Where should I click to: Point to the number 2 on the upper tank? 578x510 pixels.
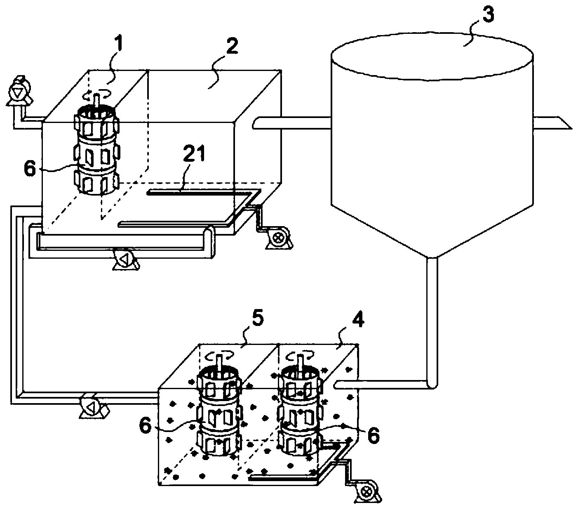tap(232, 48)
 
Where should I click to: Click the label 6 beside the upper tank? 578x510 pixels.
tap(31, 169)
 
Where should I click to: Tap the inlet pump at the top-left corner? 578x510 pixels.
tap(17, 88)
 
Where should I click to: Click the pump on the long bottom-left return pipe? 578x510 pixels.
tap(92, 406)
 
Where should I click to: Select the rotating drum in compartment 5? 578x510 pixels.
tap(219, 413)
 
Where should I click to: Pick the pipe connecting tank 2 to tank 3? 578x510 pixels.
tap(293, 123)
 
